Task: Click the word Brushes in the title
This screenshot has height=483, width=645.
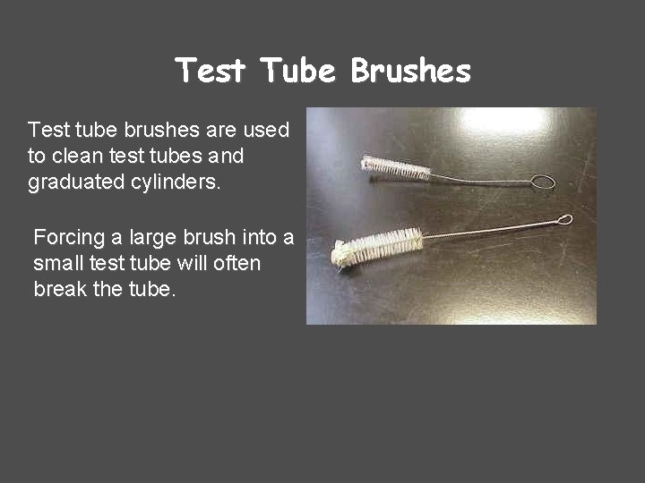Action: [x=410, y=71]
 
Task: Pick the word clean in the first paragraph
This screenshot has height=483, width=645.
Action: [x=77, y=157]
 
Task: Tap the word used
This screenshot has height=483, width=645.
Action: [x=266, y=131]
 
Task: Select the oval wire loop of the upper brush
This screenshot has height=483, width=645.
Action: [x=542, y=182]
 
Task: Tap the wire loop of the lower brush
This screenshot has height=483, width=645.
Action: [x=564, y=219]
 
